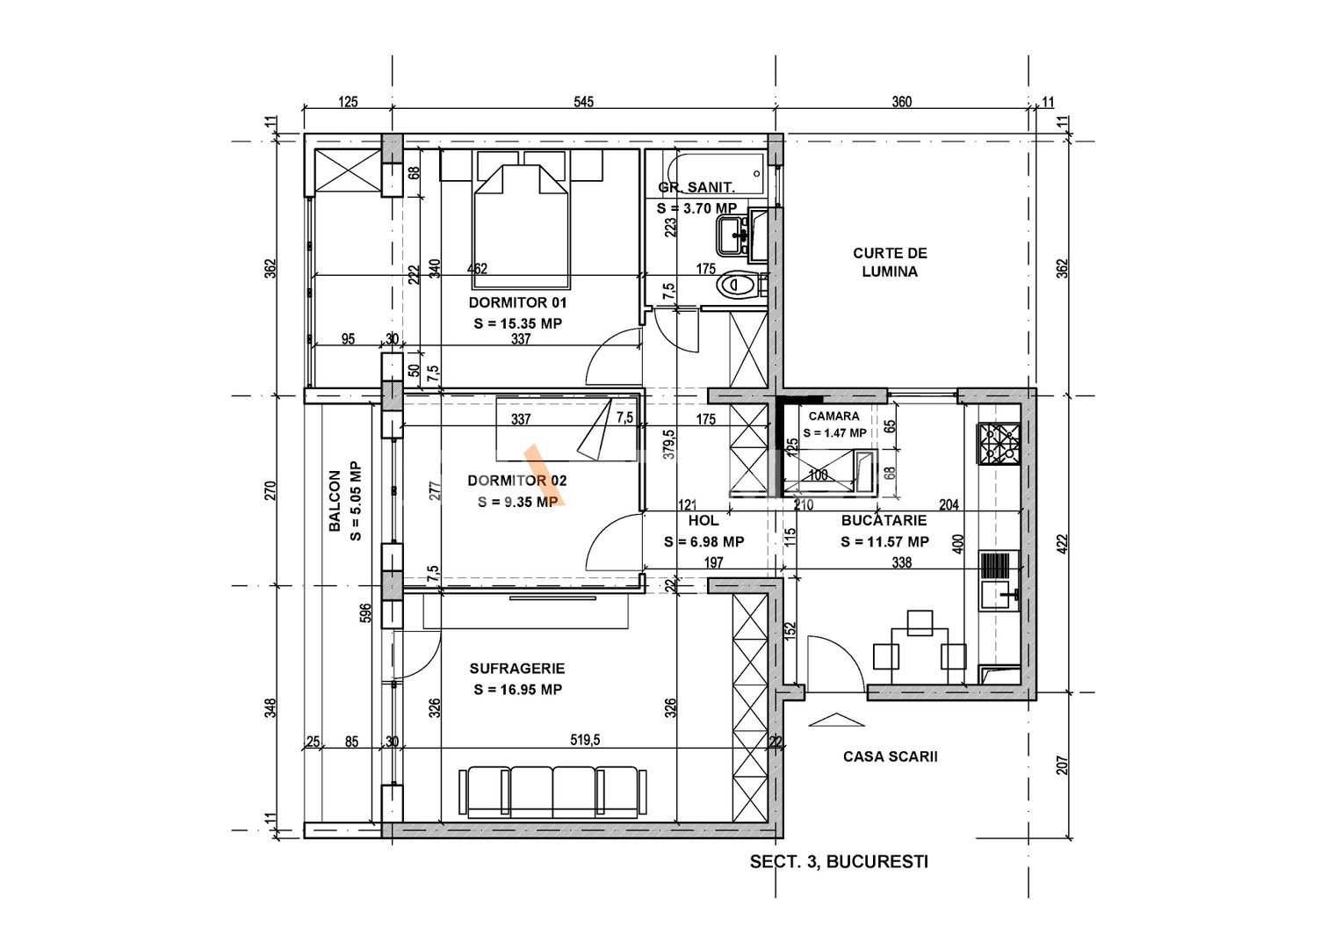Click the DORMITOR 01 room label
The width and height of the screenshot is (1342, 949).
517,302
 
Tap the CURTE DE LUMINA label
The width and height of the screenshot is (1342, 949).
890,263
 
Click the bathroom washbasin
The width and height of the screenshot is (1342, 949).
733,235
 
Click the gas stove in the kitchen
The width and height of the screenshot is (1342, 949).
999,444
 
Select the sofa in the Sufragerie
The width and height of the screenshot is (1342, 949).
552,792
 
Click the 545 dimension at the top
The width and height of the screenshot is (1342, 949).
583,102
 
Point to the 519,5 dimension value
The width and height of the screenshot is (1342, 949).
585,741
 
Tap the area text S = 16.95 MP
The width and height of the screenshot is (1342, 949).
517,690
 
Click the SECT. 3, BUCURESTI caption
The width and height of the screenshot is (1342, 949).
839,862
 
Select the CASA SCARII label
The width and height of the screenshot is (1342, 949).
891,757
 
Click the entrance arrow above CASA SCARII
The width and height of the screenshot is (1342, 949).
836,720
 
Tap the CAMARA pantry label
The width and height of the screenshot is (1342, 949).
833,416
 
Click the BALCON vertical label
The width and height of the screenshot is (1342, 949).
335,501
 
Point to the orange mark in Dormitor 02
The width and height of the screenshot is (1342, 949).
544,475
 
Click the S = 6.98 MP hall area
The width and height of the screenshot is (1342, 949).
704,542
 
